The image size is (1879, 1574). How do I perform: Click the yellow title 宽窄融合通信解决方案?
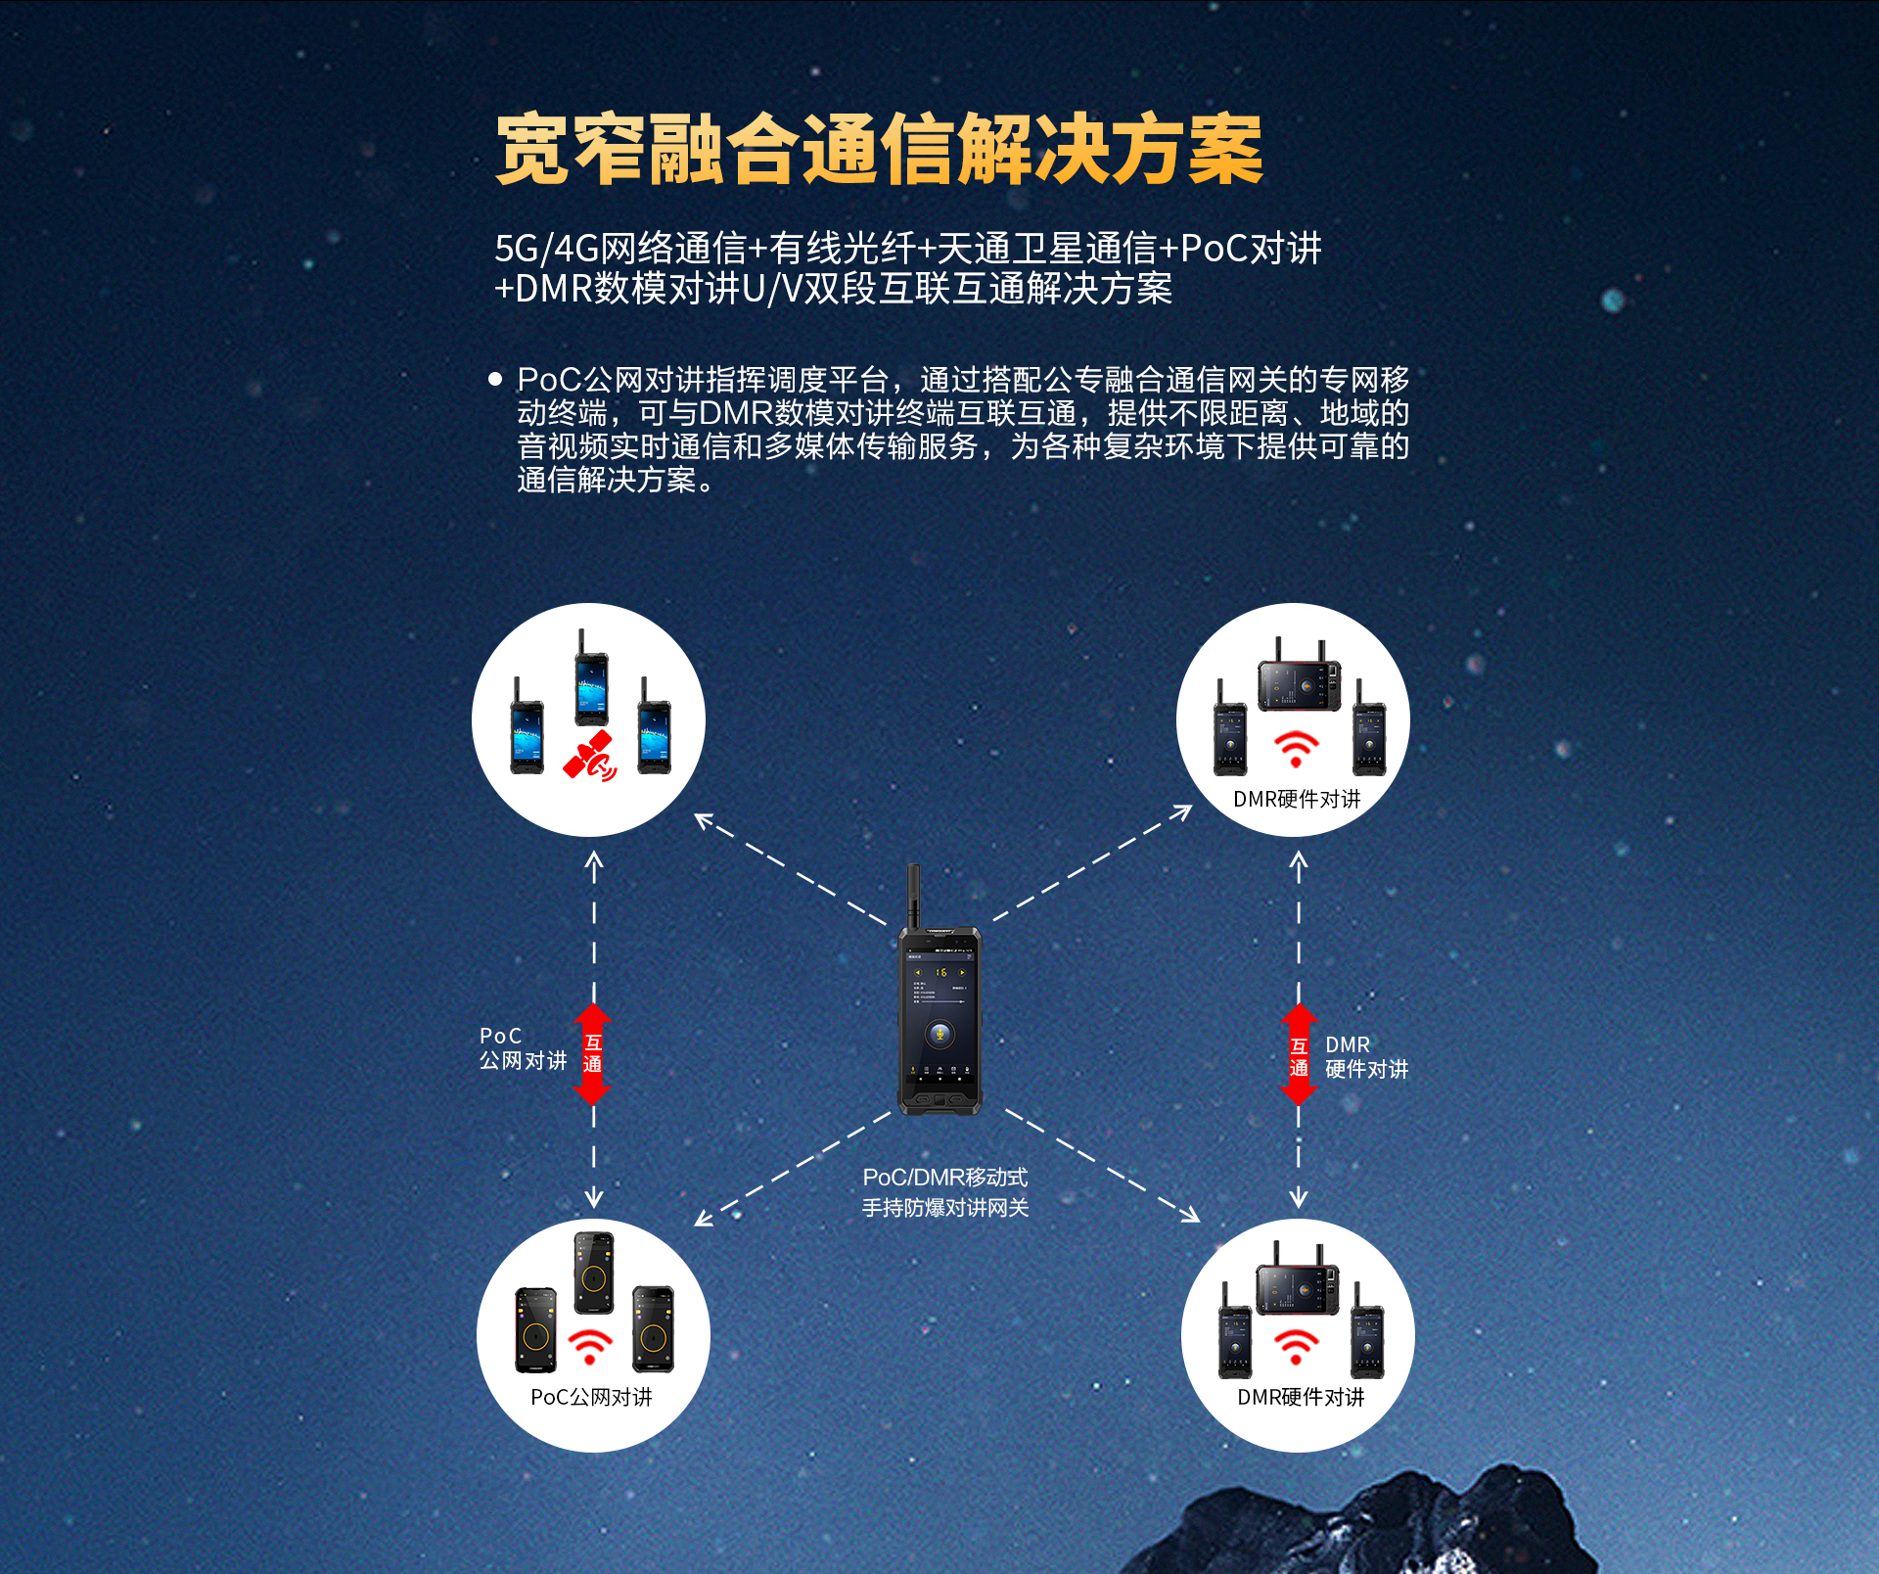pos(879,150)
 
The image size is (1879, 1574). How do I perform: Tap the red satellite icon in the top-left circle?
pos(590,757)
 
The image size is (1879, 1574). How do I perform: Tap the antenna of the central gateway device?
pos(913,896)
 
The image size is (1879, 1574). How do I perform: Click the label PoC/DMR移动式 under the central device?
pos(945,1177)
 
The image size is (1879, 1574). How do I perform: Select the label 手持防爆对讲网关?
pos(945,1208)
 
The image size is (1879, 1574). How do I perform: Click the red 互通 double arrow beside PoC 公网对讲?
pos(592,1054)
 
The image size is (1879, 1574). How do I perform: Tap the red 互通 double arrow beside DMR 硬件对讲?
pos(1299,1054)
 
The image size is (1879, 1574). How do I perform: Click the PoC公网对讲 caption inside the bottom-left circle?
pos(591,1397)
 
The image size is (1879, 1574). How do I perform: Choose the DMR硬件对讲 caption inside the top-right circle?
pos(1297,799)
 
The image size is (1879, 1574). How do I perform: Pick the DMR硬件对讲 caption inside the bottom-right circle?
pos(1301,1397)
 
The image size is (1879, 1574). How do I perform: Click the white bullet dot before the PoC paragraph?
pos(495,378)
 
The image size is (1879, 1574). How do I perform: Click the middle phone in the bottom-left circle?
pos(594,1273)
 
